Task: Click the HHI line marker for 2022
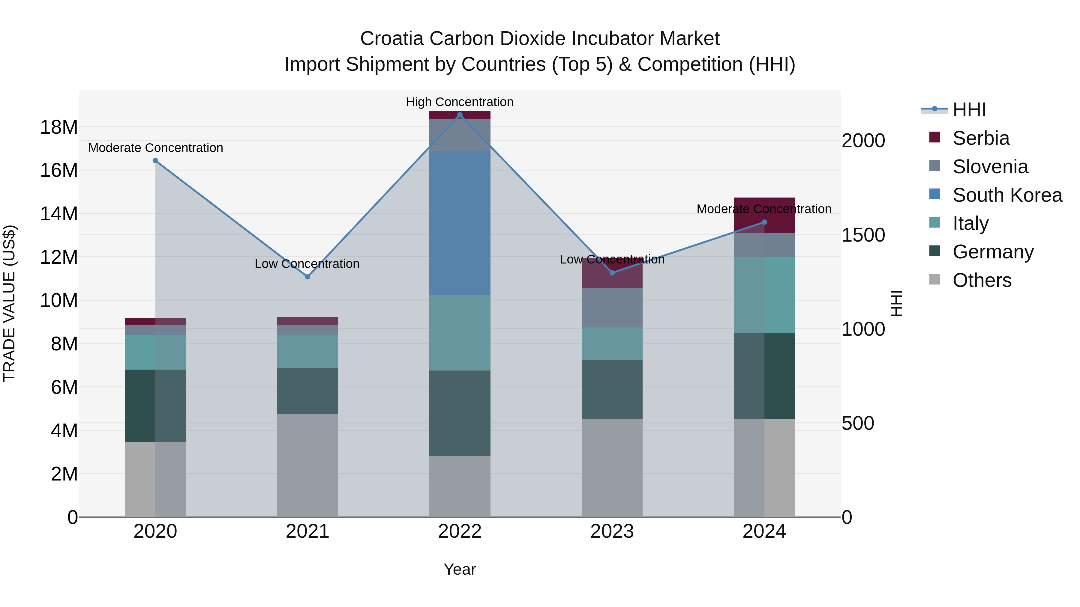click(460, 115)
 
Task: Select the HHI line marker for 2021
click(307, 277)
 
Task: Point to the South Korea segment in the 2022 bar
click(460, 223)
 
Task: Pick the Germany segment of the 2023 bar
click(612, 390)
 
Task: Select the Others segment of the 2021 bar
click(307, 465)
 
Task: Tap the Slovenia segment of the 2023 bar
click(612, 308)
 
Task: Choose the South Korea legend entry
click(1007, 195)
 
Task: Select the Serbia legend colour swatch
click(934, 137)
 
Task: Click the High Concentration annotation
click(460, 102)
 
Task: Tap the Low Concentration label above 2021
click(307, 264)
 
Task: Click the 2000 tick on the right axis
click(863, 141)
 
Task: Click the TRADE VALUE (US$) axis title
click(9, 303)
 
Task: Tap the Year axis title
click(460, 569)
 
